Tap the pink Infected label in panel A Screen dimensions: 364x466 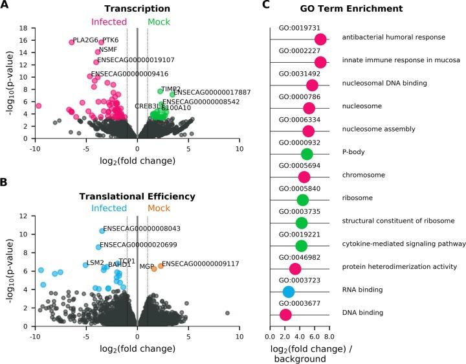tap(109, 23)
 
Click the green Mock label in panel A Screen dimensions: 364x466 tap(161, 23)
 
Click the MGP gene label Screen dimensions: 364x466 tap(147, 266)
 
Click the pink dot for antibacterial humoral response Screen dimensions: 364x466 tap(320, 40)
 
